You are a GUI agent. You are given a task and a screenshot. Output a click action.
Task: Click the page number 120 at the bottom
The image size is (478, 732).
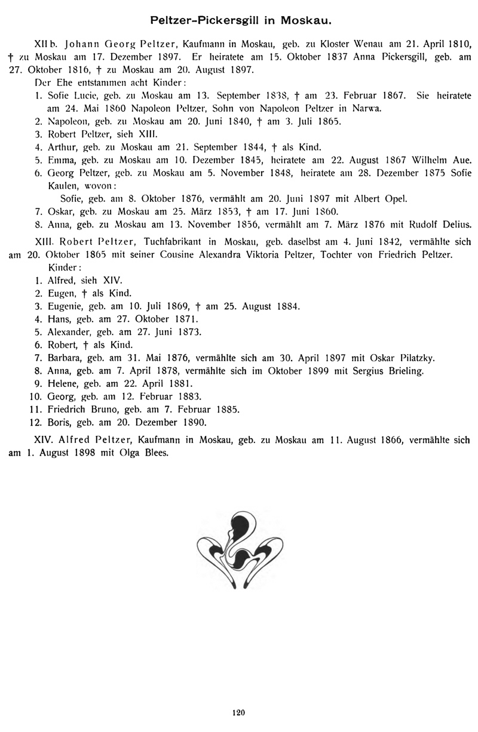tap(238, 712)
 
